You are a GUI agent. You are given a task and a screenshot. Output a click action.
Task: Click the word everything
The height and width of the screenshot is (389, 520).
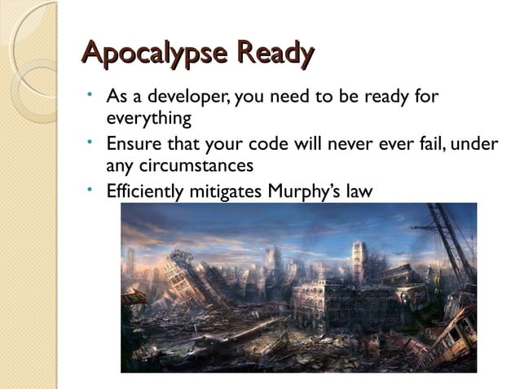tap(148, 119)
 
